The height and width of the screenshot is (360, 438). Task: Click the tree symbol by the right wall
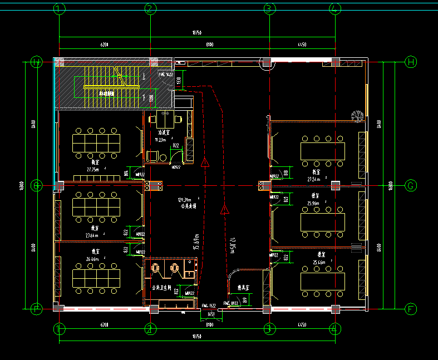coord(357,116)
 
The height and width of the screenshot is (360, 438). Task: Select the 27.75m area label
coord(92,169)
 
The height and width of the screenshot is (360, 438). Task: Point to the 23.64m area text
coord(92,235)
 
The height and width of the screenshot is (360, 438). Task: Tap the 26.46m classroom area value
coord(92,259)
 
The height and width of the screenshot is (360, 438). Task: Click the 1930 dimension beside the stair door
coord(179,81)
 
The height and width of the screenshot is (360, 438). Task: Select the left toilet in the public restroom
coord(156,268)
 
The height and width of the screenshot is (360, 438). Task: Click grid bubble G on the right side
coord(411,185)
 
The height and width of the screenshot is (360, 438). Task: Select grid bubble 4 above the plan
coord(334,9)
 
